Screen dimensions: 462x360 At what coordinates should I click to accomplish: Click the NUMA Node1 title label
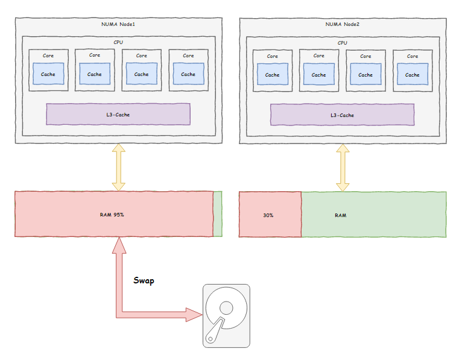(x=118, y=24)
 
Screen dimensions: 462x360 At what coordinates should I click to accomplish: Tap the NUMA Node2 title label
(x=342, y=24)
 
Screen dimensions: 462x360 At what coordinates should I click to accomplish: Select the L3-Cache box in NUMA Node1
(x=118, y=114)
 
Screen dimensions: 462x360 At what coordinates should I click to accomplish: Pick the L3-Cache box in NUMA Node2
(x=342, y=115)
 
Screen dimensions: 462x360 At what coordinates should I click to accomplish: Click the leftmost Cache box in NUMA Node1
(x=48, y=74)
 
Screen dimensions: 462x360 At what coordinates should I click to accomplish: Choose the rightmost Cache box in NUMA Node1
(x=188, y=74)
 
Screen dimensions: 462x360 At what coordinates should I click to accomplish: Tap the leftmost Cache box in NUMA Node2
(x=273, y=74)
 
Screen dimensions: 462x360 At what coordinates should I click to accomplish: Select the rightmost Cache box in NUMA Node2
(x=413, y=74)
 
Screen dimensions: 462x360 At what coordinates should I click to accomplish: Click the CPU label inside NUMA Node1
(x=118, y=42)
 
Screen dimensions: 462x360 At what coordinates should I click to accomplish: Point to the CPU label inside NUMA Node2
(x=342, y=43)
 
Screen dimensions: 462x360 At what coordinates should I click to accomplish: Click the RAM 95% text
(x=112, y=215)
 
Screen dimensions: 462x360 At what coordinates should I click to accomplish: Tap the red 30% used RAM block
(x=270, y=215)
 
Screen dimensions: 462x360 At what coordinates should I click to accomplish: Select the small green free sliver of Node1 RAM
(x=218, y=214)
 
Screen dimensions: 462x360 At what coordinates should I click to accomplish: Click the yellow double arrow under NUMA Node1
(x=119, y=167)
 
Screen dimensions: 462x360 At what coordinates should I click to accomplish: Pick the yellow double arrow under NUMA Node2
(x=343, y=168)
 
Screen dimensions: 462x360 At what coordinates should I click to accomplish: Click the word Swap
(x=144, y=280)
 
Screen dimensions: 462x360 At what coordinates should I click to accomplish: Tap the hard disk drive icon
(x=226, y=316)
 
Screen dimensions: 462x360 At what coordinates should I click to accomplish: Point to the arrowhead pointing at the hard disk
(x=194, y=315)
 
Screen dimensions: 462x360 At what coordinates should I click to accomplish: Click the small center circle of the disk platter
(x=226, y=308)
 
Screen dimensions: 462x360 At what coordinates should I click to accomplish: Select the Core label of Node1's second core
(x=95, y=55)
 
